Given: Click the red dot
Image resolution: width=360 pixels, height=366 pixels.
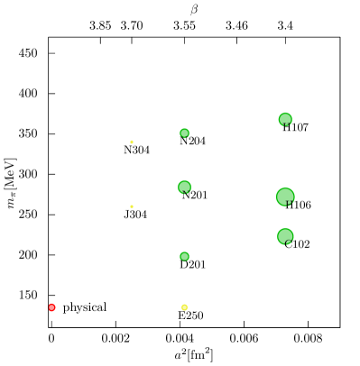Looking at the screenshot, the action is coord(51,307).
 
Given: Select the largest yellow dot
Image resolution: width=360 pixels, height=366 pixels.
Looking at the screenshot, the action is coord(184,307).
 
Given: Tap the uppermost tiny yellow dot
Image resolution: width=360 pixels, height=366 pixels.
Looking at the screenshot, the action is coord(132,142).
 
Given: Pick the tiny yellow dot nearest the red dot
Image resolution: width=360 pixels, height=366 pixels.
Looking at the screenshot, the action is coord(132,206).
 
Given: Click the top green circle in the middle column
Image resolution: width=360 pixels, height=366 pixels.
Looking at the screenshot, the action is coord(184,133).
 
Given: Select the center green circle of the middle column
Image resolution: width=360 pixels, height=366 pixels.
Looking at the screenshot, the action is coord(184,187).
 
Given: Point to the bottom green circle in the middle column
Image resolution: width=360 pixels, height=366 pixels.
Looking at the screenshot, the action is coord(184,256).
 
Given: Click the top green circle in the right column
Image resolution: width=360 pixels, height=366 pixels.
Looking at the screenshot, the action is coord(285,119).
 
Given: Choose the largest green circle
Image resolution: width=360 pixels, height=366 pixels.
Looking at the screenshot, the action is coord(285,197).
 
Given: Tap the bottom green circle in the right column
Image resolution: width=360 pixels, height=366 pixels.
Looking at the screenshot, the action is coord(285,236).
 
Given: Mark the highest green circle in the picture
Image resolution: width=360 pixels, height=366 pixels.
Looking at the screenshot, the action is coord(285,119).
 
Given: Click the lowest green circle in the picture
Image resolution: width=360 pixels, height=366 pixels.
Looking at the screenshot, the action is coord(184,256).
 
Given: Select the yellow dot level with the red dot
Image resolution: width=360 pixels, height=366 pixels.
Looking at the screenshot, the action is coord(184,307).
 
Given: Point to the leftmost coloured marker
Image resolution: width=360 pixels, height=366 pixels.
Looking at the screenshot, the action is coord(51,307).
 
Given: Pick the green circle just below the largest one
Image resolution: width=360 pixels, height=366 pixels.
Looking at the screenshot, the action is coord(285,236).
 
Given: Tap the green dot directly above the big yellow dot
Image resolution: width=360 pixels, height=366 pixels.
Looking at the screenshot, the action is coord(184,256).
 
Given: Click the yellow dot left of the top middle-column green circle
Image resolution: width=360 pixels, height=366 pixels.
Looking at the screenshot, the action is coord(132,142).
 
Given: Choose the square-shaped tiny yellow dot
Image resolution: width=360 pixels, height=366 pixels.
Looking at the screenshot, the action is coord(132,206).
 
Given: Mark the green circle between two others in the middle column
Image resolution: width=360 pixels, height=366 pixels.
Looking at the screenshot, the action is coord(184,187).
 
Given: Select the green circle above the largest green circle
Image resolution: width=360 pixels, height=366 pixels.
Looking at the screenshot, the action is coord(285,119).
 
